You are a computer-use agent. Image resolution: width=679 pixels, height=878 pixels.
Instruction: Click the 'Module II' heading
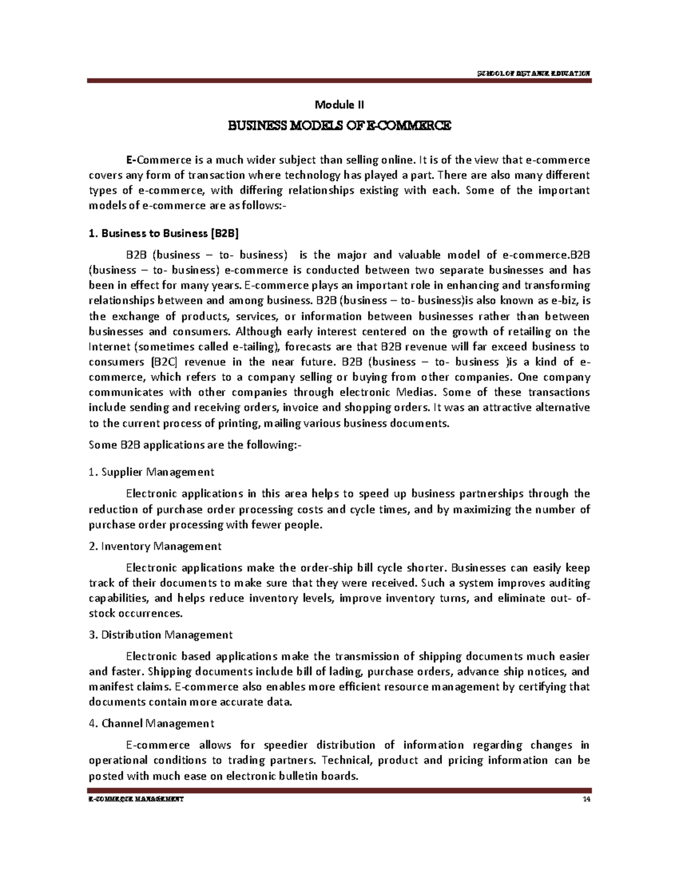coord(339,105)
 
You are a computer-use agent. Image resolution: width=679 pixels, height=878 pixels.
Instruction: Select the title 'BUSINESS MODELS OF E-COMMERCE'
coord(339,126)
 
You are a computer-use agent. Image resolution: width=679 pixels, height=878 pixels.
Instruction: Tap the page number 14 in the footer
coord(586,799)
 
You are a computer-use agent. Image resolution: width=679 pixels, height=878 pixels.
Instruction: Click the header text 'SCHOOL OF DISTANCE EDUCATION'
coord(534,73)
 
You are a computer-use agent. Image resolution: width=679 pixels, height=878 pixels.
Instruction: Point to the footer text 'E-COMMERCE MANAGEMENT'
coord(135,799)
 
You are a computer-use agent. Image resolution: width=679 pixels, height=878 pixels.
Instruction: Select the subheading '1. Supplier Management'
coord(152,472)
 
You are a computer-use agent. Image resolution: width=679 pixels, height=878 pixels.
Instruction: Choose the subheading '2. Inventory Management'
coord(155,546)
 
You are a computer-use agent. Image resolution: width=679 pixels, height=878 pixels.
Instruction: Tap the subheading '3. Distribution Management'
coord(161,635)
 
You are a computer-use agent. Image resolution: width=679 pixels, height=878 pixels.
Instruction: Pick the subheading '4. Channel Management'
coord(152,723)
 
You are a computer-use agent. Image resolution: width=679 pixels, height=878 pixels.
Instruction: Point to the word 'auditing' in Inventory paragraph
coord(568,583)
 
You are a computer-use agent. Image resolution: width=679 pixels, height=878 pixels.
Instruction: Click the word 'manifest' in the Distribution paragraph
coord(109,687)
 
